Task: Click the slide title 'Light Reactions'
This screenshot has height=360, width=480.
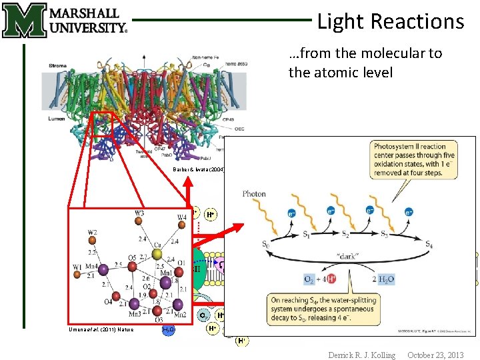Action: tap(390, 21)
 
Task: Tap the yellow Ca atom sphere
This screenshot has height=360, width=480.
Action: tap(156, 254)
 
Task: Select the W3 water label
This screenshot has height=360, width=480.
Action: tap(139, 213)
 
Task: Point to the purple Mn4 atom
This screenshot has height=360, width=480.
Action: tap(103, 267)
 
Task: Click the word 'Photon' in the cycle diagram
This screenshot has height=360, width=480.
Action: tap(254, 195)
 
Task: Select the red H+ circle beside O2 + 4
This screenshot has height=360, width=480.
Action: tap(331, 278)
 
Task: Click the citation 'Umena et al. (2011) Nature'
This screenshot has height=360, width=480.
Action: tap(101, 329)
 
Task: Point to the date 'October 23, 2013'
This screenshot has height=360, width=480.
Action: tap(435, 355)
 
